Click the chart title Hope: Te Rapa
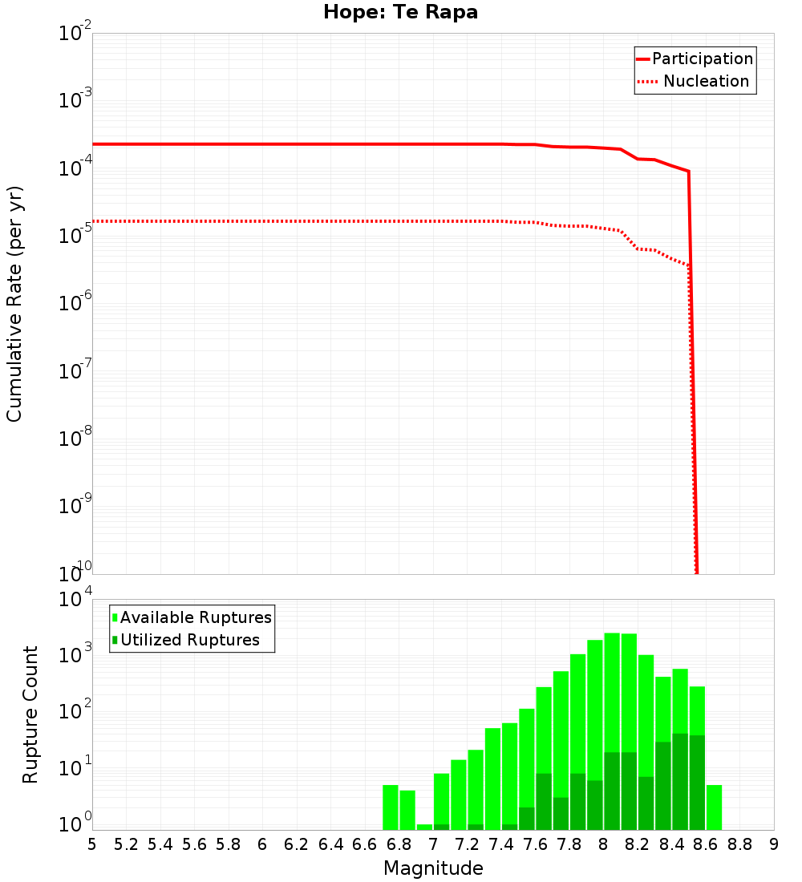[x=400, y=13]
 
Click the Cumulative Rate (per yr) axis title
[x=14, y=304]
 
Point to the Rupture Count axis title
[x=30, y=714]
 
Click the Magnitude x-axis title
[x=433, y=868]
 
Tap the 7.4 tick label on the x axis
[x=501, y=844]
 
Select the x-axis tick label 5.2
[x=126, y=844]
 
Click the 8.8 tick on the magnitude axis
[x=739, y=844]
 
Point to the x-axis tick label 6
[x=262, y=844]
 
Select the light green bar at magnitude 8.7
[x=714, y=807]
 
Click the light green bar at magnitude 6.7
[x=391, y=807]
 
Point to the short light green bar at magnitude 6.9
[x=424, y=827]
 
